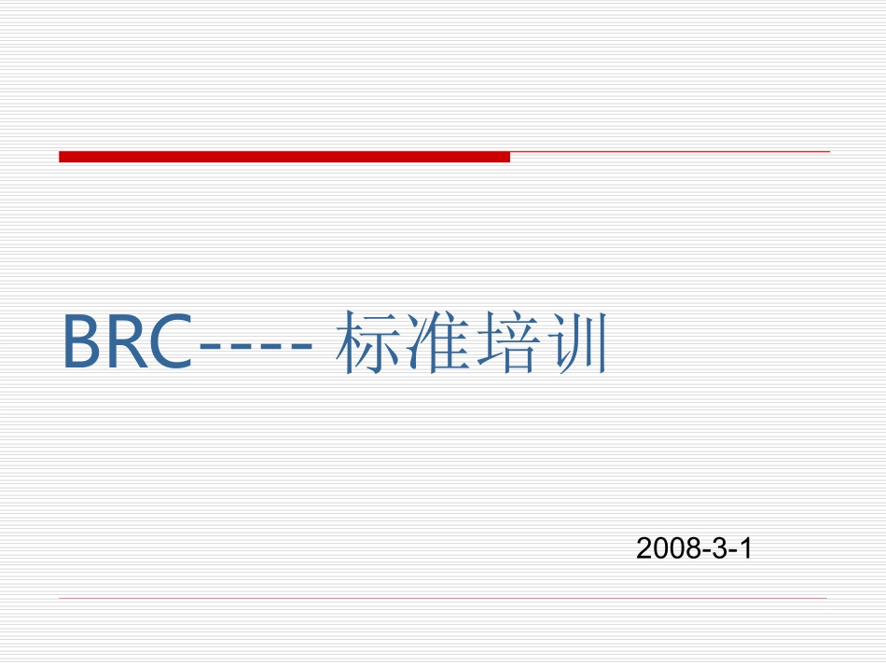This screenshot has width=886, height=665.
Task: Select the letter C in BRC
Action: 169,342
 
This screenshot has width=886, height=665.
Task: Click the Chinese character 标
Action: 367,342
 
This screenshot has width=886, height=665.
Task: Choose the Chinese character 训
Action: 574,342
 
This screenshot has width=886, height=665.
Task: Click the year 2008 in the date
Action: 668,548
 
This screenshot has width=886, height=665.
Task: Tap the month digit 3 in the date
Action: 718,548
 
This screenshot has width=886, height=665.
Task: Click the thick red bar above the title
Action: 284,157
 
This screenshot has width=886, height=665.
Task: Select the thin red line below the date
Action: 443,598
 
